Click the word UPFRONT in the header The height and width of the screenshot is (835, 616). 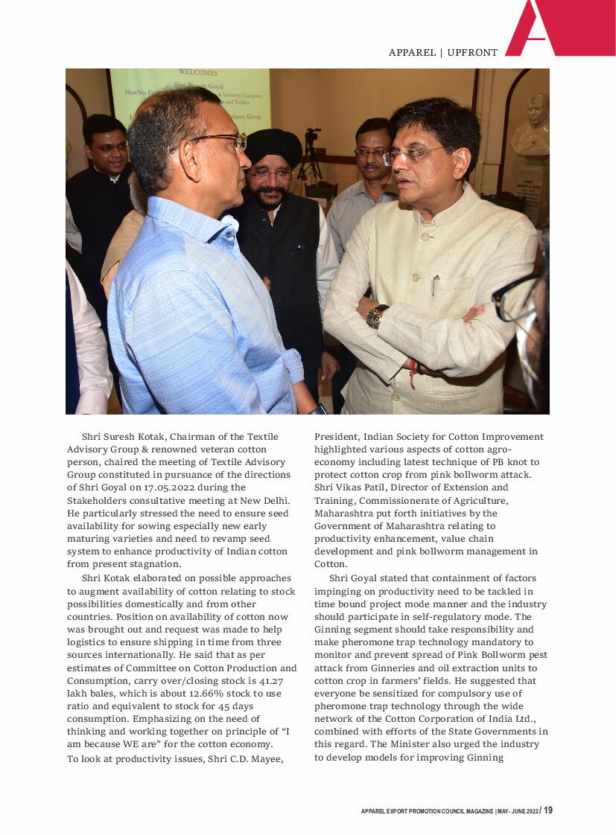click(x=472, y=53)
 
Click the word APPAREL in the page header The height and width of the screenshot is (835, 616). click(x=412, y=53)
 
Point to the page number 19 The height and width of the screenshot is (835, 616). click(x=548, y=810)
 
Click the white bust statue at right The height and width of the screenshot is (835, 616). click(x=533, y=127)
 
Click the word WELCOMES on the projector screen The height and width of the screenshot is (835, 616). click(x=198, y=73)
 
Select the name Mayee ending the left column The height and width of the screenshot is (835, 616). click(x=267, y=758)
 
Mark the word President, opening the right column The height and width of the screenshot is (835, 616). click(x=339, y=437)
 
